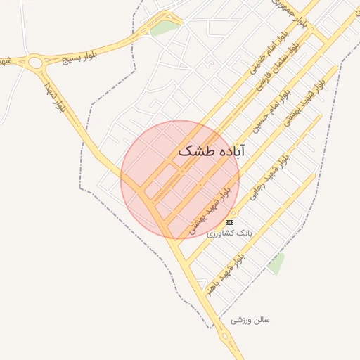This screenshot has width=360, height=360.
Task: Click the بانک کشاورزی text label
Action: coord(234,231)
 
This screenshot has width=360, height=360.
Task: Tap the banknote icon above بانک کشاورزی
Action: coord(230,221)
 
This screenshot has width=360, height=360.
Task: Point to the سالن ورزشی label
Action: coord(250,320)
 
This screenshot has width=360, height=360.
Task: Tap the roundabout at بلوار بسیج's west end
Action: coord(35,63)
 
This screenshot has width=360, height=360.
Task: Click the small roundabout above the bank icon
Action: coord(233,212)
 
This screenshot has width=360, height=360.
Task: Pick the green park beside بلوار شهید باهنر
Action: coord(276,264)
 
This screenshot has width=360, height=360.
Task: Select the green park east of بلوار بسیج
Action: coord(165,28)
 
